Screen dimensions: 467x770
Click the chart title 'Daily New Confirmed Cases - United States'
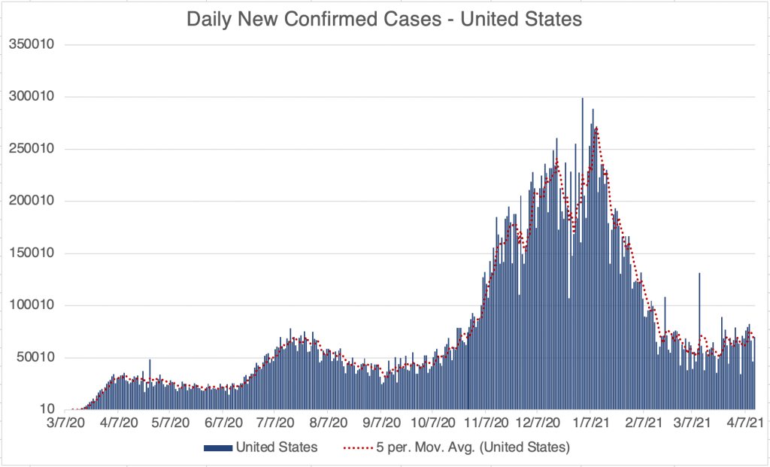click(384, 20)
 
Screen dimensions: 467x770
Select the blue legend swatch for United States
click(217, 447)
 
